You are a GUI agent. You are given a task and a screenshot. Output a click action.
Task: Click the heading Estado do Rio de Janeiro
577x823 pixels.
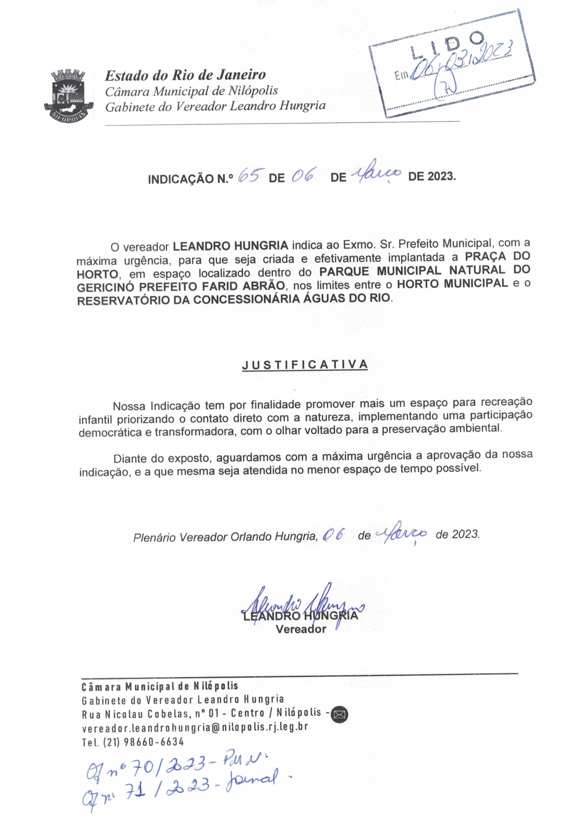[185, 75]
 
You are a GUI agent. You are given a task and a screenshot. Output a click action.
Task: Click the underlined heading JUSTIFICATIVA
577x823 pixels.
[305, 365]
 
